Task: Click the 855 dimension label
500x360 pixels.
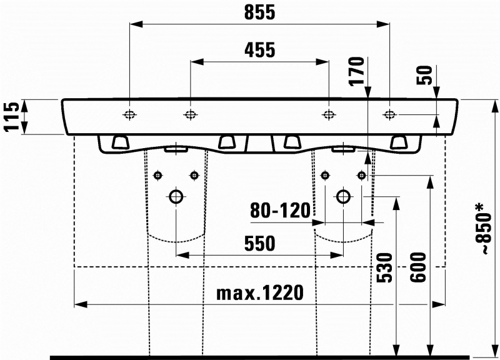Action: click(x=259, y=12)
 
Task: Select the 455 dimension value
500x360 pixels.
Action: click(x=259, y=50)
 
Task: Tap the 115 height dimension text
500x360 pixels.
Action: click(x=11, y=117)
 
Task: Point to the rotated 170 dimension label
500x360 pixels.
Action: click(x=357, y=71)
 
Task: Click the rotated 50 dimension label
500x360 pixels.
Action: click(x=425, y=75)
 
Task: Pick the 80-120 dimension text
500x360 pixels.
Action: click(x=280, y=211)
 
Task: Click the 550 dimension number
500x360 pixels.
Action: click(x=259, y=244)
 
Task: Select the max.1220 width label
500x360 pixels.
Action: click(x=260, y=292)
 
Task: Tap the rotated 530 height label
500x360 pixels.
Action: click(x=384, y=268)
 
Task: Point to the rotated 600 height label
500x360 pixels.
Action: click(x=418, y=268)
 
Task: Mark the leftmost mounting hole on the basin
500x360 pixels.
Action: click(x=129, y=114)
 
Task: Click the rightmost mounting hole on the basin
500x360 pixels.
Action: click(x=389, y=114)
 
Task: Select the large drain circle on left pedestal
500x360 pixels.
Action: click(x=176, y=197)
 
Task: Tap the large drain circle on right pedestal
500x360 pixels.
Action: click(x=343, y=197)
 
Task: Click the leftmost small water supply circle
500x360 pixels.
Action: click(x=158, y=175)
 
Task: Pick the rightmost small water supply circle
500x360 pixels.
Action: click(x=362, y=175)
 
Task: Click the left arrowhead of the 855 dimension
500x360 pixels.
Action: click(x=136, y=24)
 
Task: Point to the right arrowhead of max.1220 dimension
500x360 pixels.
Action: click(x=439, y=304)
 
